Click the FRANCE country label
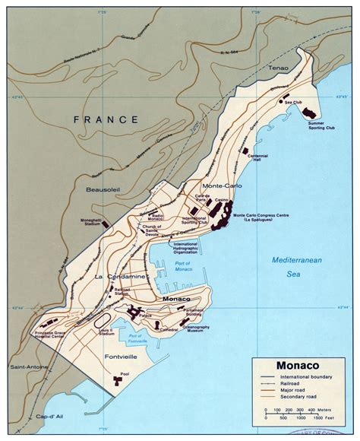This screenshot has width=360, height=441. point(106,120)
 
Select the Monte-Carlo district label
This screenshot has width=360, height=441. point(222,186)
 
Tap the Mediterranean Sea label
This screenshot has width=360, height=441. point(295,269)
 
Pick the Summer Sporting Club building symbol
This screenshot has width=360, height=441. point(311,113)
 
